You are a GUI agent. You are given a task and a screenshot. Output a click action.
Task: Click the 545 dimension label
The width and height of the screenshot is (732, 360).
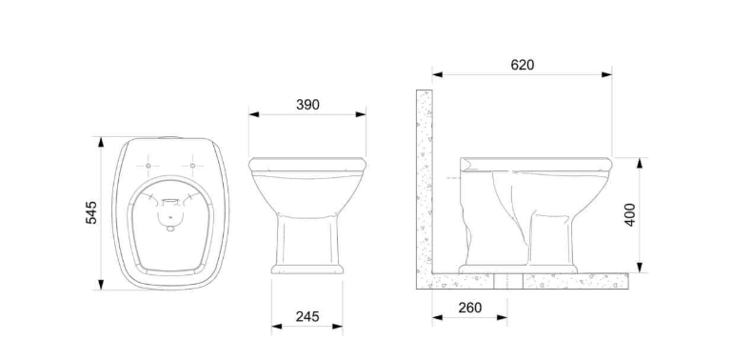tap(91, 212)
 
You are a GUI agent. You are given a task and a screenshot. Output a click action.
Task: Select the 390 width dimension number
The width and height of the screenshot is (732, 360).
tap(307, 105)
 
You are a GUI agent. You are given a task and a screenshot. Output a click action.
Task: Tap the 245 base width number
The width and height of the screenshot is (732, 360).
tap(307, 316)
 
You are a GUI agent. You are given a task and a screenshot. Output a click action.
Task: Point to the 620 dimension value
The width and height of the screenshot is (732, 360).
tap(522, 65)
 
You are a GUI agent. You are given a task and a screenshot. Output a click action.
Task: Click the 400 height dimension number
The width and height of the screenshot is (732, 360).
tap(630, 215)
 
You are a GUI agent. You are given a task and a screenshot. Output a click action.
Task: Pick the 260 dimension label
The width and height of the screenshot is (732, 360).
tap(469, 308)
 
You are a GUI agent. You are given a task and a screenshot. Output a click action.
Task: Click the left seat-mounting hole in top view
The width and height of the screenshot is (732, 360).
tap(148, 166)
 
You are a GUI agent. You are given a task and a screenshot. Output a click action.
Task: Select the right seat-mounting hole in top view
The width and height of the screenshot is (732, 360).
tap(192, 166)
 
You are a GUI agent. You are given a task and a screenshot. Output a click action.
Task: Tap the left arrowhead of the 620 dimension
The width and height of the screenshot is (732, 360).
tap(438, 74)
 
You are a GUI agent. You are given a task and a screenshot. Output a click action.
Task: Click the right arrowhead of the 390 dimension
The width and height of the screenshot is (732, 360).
tap(361, 114)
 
